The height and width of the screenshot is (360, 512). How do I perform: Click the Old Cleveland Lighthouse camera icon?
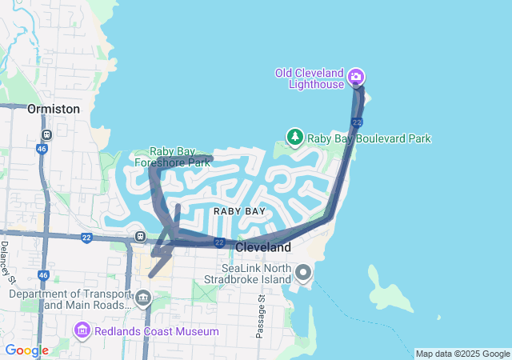point(356,78)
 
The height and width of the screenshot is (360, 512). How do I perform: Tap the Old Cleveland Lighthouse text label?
point(310,78)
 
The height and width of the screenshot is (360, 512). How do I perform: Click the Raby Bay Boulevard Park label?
point(369,138)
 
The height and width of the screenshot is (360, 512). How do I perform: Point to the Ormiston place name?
point(54,108)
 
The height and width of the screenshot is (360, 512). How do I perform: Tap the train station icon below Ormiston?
point(47,134)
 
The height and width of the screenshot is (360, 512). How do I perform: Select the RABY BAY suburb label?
point(239,210)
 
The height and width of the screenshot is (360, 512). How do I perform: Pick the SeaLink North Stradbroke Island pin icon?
point(303,274)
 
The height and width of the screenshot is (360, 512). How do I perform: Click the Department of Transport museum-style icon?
point(143,299)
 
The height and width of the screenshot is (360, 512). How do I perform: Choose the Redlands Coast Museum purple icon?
point(82,330)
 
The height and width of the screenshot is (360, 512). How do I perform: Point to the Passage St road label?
point(261,317)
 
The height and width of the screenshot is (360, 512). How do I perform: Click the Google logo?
point(26,350)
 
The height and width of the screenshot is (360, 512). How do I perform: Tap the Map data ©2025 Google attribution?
point(462,354)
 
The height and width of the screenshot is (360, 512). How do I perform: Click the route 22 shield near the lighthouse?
point(357,122)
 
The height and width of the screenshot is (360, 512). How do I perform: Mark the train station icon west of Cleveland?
point(141,236)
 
